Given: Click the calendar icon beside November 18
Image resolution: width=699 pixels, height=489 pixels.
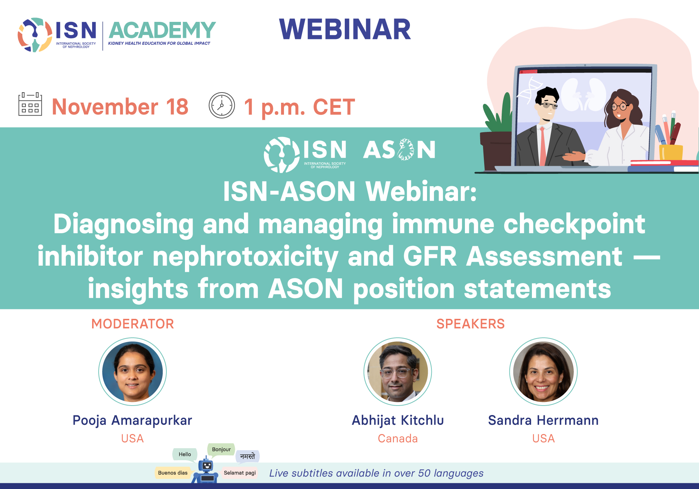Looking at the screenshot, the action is [30, 104].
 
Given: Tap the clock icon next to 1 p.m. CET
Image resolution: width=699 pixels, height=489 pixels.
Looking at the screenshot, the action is [222, 105].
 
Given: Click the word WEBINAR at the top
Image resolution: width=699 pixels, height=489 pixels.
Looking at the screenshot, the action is [345, 29].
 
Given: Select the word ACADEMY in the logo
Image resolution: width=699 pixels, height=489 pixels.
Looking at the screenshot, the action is [162, 30].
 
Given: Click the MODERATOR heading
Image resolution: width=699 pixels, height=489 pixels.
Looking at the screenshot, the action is [133, 324].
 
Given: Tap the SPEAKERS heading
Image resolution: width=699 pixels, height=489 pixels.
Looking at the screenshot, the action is [470, 324].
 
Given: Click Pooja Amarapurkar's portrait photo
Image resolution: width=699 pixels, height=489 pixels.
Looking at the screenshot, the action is [133, 372].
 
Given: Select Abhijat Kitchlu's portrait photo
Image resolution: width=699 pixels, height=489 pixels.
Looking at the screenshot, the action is [398, 372].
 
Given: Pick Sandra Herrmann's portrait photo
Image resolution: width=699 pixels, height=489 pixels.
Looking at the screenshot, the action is [544, 372].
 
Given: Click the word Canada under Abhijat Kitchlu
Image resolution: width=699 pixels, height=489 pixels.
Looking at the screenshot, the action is [398, 438].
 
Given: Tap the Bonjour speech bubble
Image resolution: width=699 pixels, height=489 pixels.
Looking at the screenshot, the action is [221, 450].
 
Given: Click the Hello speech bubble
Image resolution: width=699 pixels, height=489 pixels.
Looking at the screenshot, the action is [185, 454].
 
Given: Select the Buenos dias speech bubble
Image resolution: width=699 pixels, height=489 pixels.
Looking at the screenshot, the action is [173, 473].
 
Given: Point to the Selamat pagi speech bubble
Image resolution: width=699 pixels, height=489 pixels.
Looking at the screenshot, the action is [240, 473].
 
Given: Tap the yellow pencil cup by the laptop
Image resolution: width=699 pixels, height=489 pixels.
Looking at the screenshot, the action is [671, 152].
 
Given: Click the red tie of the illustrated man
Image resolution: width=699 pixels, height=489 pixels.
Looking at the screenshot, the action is [543, 146].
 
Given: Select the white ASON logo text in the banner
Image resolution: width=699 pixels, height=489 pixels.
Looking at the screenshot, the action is [399, 149].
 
